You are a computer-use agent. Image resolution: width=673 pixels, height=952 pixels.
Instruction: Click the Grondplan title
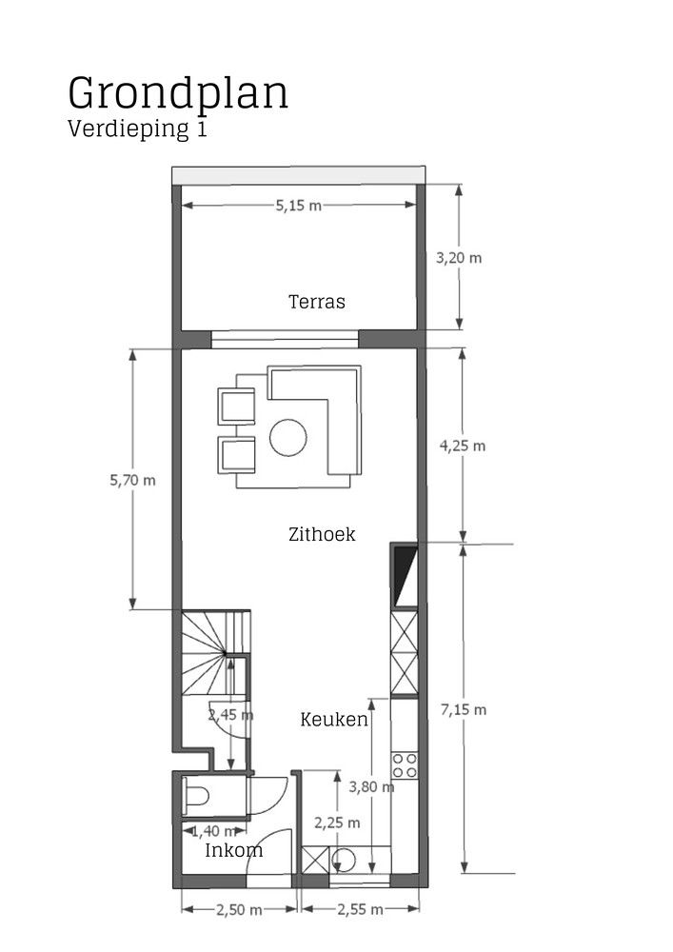point(178,93)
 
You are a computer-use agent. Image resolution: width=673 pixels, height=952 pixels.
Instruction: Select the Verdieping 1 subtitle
point(137,129)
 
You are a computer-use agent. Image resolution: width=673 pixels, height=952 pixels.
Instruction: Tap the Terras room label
point(316,303)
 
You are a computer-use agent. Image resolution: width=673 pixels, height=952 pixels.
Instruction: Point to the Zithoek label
point(322,534)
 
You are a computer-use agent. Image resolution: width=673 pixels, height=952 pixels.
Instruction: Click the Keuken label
point(334,719)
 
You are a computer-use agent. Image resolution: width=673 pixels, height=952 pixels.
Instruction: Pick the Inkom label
point(234,850)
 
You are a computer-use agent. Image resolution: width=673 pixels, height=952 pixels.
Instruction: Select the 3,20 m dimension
point(459,257)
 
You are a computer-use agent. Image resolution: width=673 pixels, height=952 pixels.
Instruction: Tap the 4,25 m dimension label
point(463,445)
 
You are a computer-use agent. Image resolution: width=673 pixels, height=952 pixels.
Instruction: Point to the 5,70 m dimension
point(132,480)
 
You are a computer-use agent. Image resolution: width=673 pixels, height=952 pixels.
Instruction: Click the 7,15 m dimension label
point(464,709)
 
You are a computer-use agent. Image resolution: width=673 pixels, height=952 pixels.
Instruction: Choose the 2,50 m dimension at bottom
point(239,910)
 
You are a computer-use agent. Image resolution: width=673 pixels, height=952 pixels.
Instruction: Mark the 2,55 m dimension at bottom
point(360,910)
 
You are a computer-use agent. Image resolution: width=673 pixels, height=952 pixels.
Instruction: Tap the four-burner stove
point(405,764)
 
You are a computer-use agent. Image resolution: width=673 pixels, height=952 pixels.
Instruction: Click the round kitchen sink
point(346,860)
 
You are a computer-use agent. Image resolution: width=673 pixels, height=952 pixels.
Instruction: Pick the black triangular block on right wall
point(405,575)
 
